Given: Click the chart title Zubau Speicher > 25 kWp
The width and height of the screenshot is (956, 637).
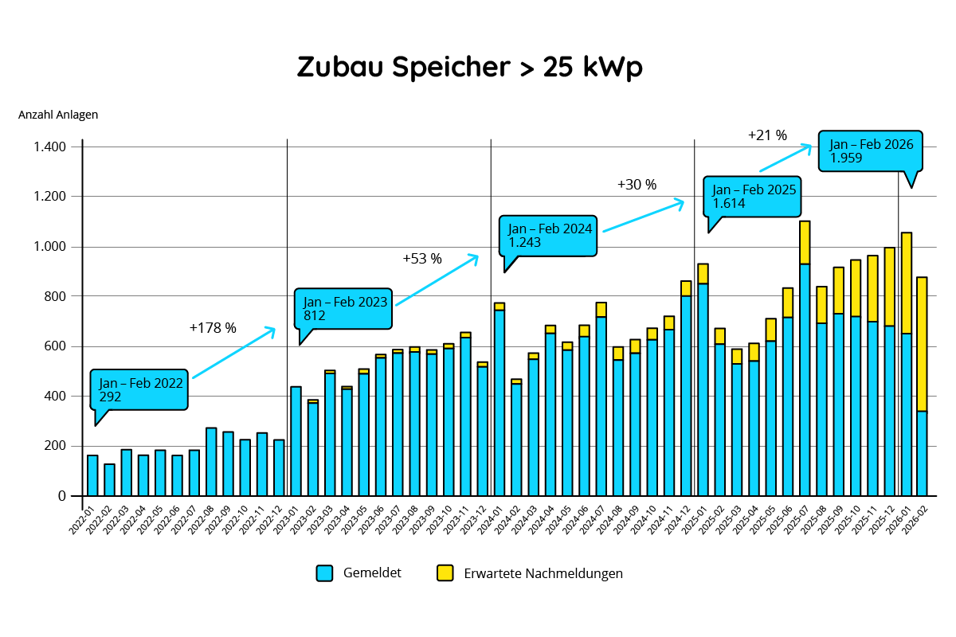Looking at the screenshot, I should click(470, 68).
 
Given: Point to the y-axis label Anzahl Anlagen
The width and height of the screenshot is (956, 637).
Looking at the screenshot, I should click(58, 115).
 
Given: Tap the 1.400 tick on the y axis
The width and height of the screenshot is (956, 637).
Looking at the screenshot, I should click(50, 147).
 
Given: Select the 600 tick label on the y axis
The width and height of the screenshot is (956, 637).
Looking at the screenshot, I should click(57, 346).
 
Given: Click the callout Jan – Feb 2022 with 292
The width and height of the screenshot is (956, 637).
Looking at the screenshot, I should click(140, 389).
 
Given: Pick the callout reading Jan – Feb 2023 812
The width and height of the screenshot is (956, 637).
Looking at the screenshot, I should click(344, 308).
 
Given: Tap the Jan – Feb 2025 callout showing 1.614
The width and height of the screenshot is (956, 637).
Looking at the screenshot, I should click(754, 196).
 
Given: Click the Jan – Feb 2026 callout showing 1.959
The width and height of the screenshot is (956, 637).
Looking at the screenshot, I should click(871, 150).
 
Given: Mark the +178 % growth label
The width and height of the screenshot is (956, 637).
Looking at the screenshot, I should click(213, 327).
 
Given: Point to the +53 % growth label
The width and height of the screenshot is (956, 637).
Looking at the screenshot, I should click(421, 259).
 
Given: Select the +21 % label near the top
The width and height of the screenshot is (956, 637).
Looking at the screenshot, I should click(767, 135).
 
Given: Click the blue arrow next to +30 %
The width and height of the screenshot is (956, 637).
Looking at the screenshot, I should click(643, 216).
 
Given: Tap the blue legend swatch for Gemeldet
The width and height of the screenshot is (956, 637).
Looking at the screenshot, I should click(324, 573).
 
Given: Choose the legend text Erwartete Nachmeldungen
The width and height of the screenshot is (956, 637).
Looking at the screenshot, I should click(543, 573).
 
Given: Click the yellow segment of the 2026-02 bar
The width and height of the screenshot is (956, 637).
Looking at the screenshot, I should click(922, 344).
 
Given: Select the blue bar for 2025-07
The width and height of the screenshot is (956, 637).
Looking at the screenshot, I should click(805, 379).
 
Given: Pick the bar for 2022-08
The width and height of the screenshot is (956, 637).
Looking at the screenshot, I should click(211, 462).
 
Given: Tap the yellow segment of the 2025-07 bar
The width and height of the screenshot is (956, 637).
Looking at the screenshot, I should click(805, 242).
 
